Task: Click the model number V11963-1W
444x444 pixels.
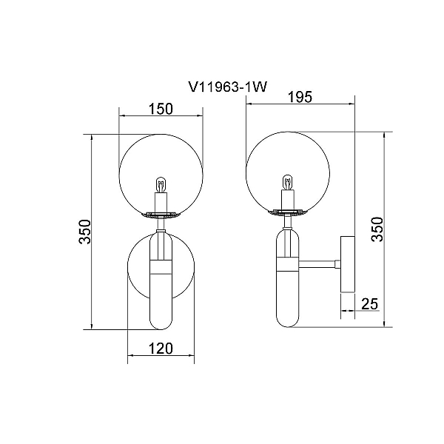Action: pyautogui.click(x=228, y=87)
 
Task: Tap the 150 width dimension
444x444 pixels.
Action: pyautogui.click(x=161, y=109)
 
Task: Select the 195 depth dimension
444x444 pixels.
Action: pyautogui.click(x=300, y=97)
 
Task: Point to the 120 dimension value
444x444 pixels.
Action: pyautogui.click(x=161, y=349)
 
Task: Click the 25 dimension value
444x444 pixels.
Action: pyautogui.click(x=370, y=304)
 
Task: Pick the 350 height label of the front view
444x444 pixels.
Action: pyautogui.click(x=85, y=232)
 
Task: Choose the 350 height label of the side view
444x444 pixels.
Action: pyautogui.click(x=377, y=229)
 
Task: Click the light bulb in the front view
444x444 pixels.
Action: pyautogui.click(x=161, y=185)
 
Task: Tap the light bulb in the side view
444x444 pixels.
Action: pyautogui.click(x=288, y=182)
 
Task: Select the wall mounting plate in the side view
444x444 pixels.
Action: pyautogui.click(x=348, y=264)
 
